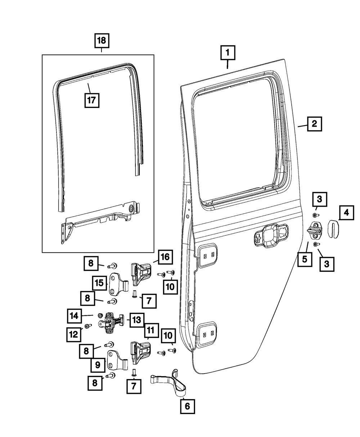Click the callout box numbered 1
pos(228,53)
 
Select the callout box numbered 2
pos(314,124)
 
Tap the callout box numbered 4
pos(346,213)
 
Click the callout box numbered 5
pos(305,259)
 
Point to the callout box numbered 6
pos(187,406)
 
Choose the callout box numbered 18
pos(102,41)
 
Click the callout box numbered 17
pos(91,100)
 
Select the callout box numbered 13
pos(137,319)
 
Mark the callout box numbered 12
pos(73,334)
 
